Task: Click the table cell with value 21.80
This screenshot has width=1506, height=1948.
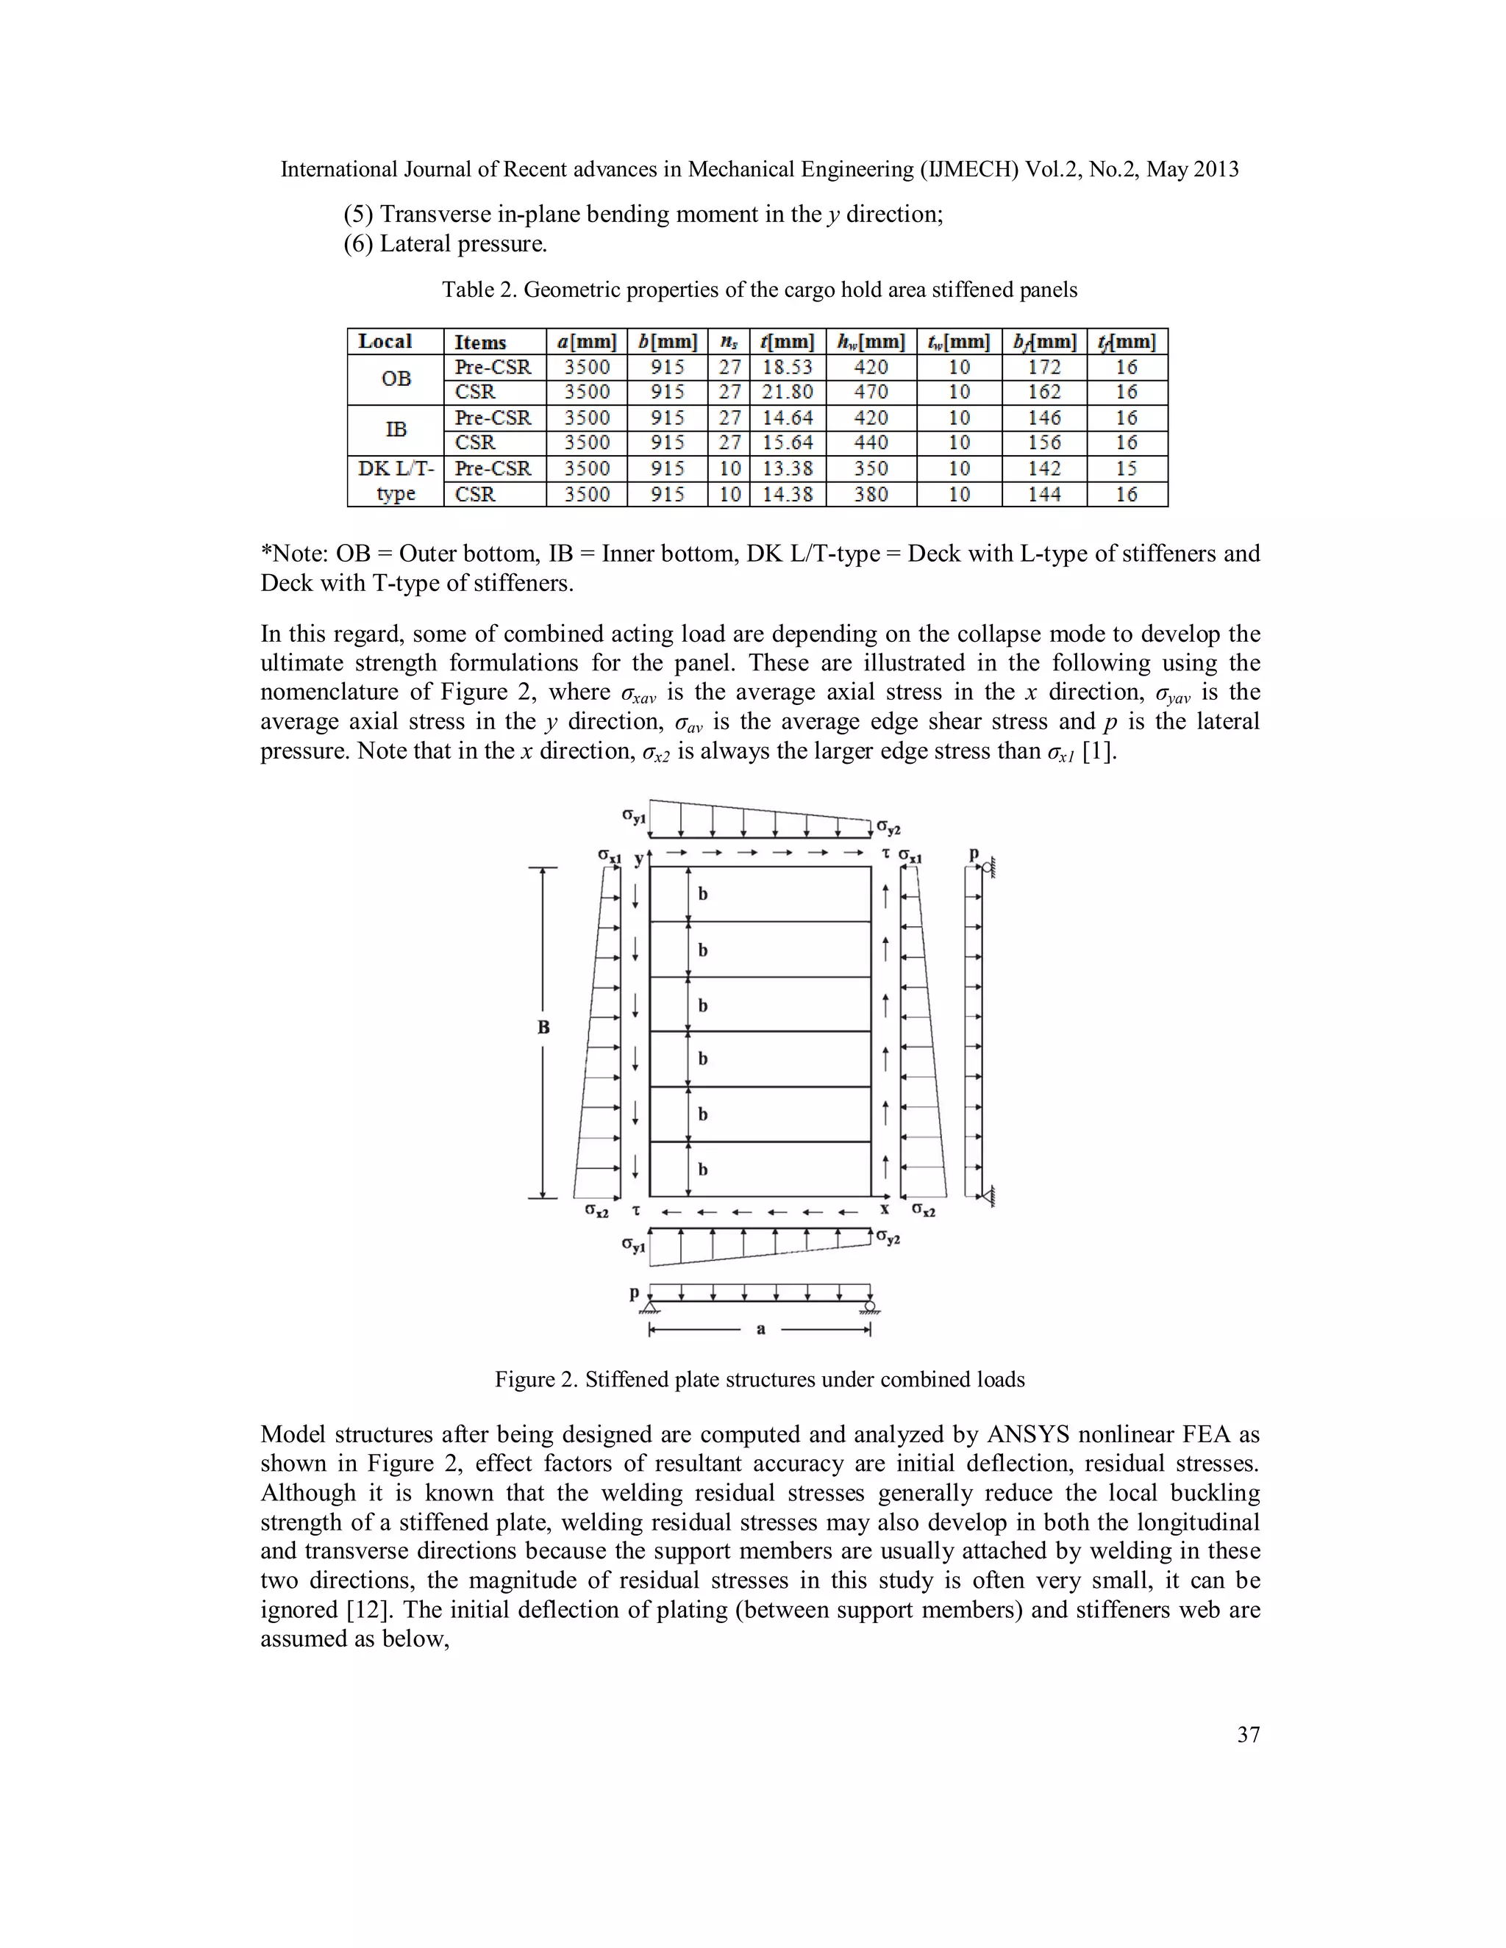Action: click(x=787, y=393)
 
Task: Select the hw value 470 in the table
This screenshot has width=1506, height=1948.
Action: click(x=871, y=393)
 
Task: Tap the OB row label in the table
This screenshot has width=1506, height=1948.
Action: click(x=396, y=379)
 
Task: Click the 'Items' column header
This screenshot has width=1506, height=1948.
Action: click(x=480, y=343)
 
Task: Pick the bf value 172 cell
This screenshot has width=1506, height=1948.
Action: click(x=1044, y=368)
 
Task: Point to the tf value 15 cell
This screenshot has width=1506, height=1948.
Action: click(x=1126, y=469)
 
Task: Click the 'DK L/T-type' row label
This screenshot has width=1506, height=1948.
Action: click(x=396, y=481)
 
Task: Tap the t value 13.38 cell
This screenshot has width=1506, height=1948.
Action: click(x=787, y=469)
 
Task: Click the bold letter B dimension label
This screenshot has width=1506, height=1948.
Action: click(x=543, y=1028)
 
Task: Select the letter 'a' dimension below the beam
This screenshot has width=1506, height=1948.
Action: click(x=760, y=1330)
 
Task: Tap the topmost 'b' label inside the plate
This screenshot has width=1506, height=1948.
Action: click(x=703, y=894)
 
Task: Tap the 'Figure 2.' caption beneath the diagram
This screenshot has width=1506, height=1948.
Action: click(x=536, y=1380)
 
